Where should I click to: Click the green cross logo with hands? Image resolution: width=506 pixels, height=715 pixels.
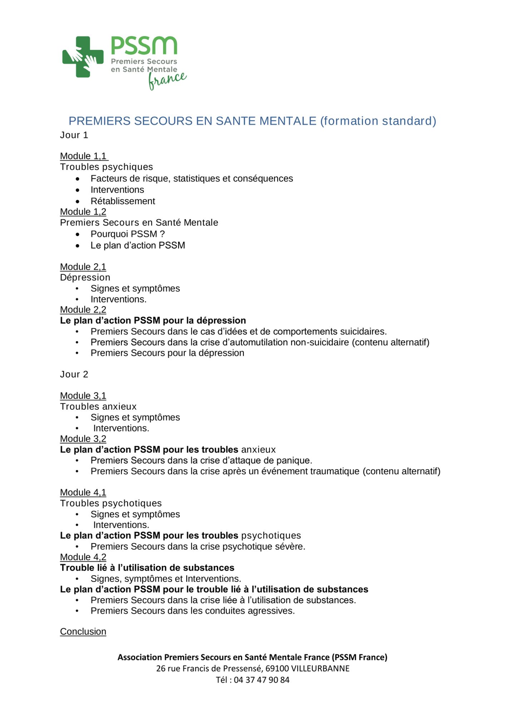pos(83,57)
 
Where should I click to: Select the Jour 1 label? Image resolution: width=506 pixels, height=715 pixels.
pos(74,135)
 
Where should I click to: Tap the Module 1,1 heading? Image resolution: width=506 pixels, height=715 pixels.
pos(83,156)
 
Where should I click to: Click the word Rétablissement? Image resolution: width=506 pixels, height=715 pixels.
pos(123,201)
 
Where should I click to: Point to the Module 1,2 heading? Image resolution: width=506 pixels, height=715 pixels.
pos(83,212)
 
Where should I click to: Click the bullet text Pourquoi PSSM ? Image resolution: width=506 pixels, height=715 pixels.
pos(127,234)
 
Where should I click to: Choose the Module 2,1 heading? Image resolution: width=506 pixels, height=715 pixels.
pos(83,267)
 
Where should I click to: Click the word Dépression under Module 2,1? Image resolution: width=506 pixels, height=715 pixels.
pos(85,278)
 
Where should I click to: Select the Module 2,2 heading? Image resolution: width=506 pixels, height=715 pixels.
pos(83,310)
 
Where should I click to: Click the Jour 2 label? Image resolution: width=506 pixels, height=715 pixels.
pos(74,375)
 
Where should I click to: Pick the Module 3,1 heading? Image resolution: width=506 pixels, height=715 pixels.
pos(83,396)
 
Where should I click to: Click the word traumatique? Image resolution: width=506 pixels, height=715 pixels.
pos(335,472)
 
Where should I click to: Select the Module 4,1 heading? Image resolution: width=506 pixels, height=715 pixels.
pos(83,493)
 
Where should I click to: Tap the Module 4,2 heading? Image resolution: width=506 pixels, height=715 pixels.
pos(83,557)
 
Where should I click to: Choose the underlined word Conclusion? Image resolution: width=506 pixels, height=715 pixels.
pos(83,632)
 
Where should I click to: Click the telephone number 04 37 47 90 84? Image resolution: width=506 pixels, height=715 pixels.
pos(261,680)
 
